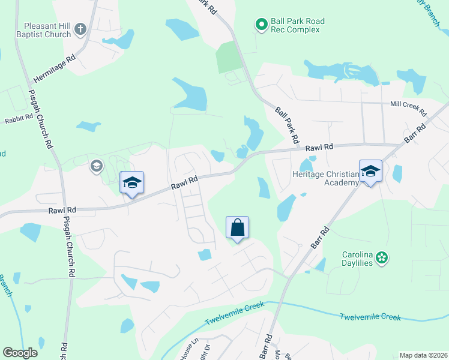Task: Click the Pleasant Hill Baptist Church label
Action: [x=47, y=30]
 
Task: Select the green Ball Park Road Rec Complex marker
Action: [x=261, y=25]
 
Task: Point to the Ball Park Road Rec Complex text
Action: [x=298, y=25]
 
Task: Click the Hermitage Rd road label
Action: [x=54, y=68]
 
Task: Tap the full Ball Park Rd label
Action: [x=288, y=125]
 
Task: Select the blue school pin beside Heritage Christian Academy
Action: [x=370, y=171]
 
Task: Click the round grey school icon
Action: [x=96, y=166]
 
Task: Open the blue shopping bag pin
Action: [x=238, y=228]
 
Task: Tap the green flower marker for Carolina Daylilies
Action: [x=382, y=258]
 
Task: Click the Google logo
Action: [x=20, y=353]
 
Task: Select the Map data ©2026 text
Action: [x=423, y=355]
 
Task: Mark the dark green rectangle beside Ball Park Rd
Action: [x=228, y=58]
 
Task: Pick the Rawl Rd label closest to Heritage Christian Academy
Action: [x=319, y=147]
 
